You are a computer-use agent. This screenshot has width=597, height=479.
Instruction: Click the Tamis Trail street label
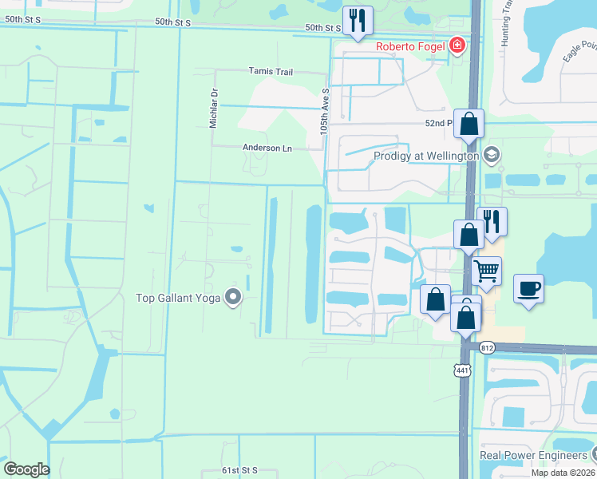[271, 72]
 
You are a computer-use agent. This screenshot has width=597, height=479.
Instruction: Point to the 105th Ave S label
[326, 111]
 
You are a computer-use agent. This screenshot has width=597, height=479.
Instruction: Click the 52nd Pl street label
[438, 124]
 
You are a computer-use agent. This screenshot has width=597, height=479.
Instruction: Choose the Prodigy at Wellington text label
[427, 156]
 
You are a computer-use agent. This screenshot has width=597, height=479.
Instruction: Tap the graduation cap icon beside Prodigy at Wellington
[492, 155]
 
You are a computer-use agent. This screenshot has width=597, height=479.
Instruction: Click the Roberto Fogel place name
[411, 46]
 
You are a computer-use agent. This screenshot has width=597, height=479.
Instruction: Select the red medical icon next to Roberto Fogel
[457, 45]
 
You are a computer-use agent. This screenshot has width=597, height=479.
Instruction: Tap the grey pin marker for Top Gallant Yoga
[233, 298]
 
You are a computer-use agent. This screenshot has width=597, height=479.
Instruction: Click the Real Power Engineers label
[532, 455]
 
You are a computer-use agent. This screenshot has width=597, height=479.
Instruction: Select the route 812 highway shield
[488, 348]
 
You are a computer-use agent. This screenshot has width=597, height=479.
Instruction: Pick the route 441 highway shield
[461, 370]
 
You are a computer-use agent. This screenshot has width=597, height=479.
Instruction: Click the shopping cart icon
[486, 271]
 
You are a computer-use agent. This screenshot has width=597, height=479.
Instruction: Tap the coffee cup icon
[528, 287]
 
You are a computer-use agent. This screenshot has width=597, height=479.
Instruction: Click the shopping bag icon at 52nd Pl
[469, 124]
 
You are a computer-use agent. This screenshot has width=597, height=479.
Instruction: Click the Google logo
[26, 469]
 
